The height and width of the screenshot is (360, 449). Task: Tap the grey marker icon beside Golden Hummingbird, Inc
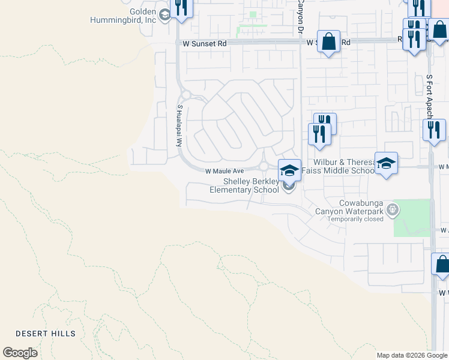164,13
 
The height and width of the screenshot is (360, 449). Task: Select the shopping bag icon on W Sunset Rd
328,42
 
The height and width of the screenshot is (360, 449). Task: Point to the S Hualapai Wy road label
179,125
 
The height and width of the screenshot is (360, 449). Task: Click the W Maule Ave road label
224,171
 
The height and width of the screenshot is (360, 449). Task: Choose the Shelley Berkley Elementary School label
243,185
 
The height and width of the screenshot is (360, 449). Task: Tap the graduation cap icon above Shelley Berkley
289,170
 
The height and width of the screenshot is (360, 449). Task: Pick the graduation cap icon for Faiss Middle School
387,163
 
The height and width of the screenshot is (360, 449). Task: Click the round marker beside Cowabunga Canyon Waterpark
393,209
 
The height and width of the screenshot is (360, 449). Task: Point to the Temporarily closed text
355,219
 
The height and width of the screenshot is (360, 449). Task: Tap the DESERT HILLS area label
46,334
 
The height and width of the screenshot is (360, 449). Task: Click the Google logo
20,353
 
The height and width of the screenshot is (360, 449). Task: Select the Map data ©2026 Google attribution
412,355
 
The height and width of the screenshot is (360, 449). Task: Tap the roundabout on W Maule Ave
264,166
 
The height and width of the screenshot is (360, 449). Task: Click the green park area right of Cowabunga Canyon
412,217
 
